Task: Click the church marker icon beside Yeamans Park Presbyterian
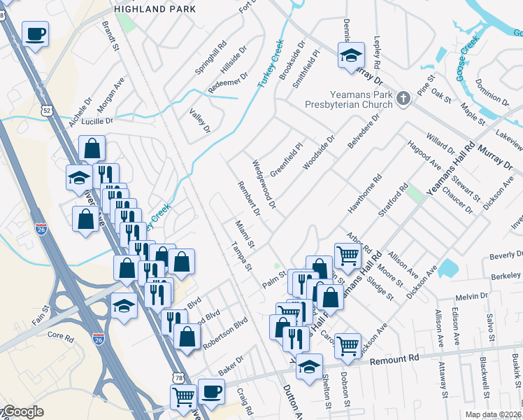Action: pyautogui.click(x=403, y=99)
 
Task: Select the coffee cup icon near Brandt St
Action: pyautogui.click(x=35, y=33)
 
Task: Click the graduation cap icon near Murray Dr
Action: pyautogui.click(x=352, y=55)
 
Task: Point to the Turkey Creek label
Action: pyautogui.click(x=271, y=63)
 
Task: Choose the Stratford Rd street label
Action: pyautogui.click(x=392, y=200)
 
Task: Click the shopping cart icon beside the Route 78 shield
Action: pyautogui.click(x=183, y=397)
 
